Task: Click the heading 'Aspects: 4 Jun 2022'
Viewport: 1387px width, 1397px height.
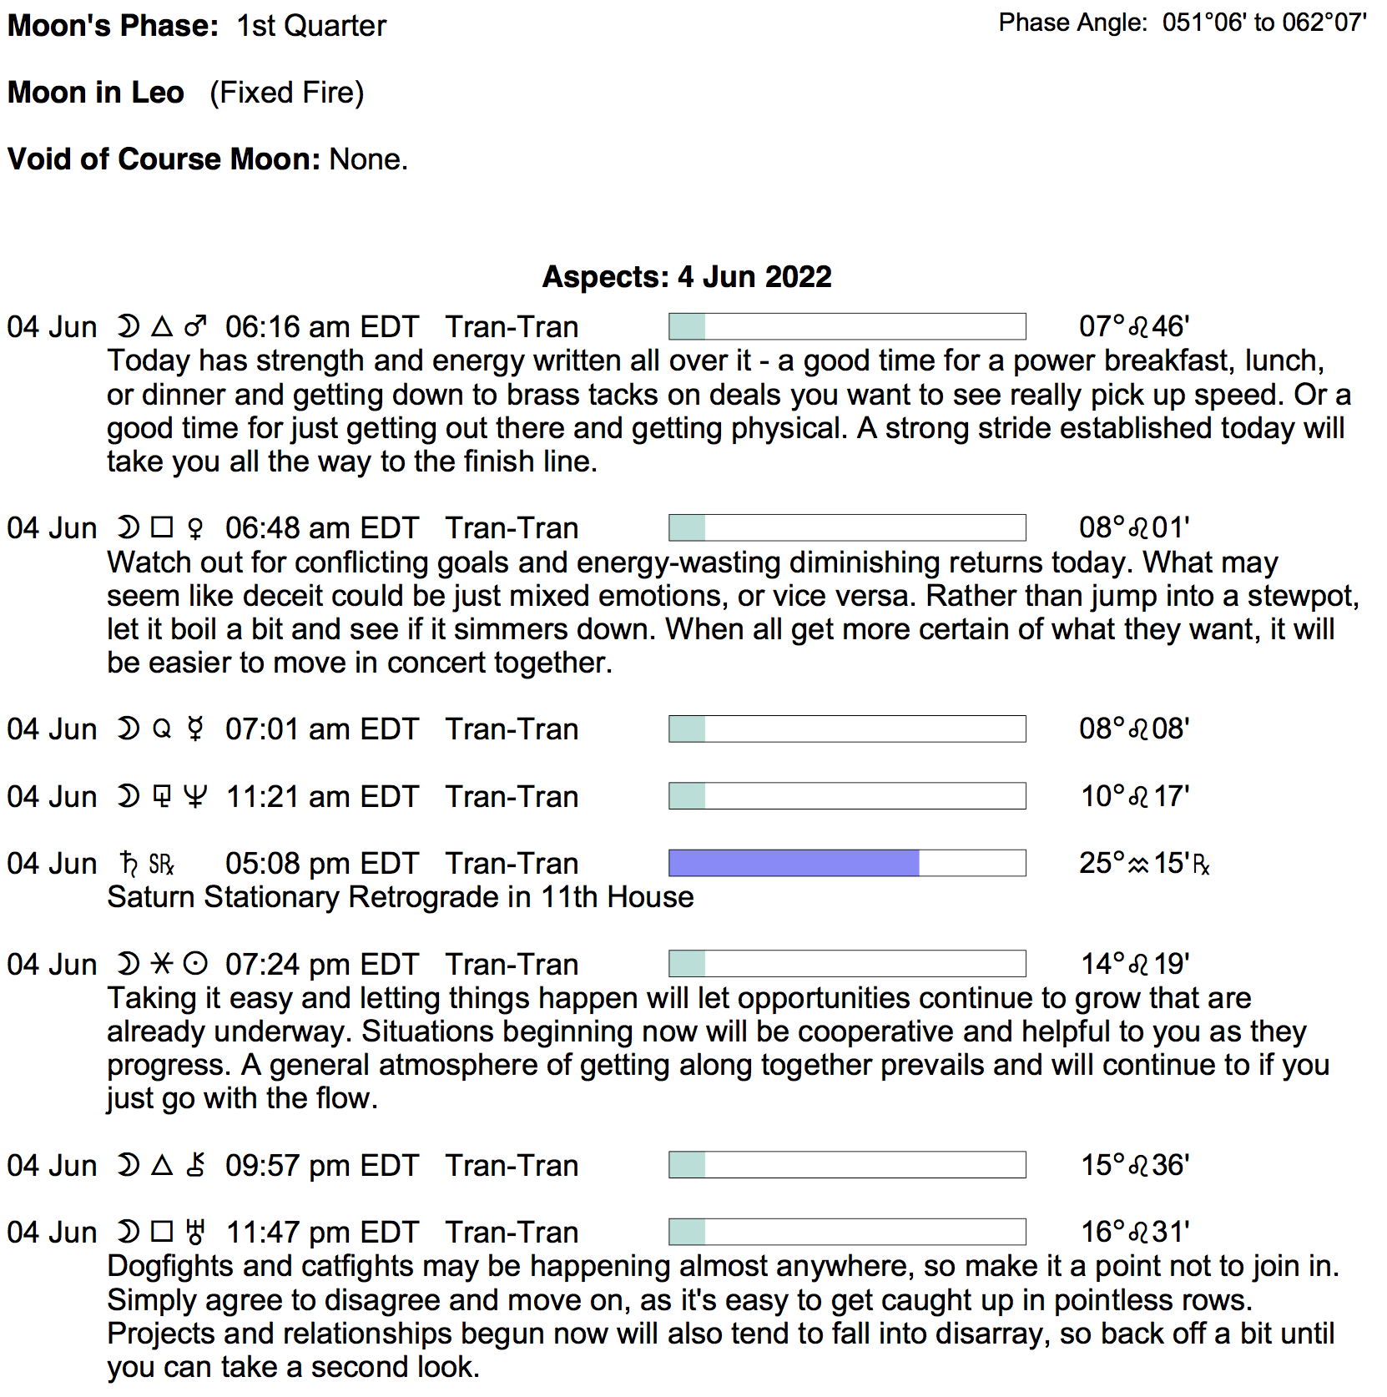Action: pos(687,277)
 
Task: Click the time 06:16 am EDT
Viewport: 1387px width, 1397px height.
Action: pos(321,327)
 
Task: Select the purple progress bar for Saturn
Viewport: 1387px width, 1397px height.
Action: pos(794,863)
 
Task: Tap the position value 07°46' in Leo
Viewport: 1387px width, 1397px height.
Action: pos(1133,326)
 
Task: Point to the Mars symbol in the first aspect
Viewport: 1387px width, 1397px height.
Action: pos(195,326)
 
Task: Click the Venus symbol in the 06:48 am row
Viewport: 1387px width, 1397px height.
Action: pos(195,528)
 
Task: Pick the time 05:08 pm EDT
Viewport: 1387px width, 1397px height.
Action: pos(321,864)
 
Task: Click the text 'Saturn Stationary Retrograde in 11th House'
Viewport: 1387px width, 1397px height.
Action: pos(401,897)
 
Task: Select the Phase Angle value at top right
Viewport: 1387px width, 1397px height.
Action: pos(1263,23)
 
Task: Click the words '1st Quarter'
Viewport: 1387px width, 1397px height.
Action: pos(311,26)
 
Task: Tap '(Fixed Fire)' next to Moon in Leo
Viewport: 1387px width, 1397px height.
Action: pos(286,93)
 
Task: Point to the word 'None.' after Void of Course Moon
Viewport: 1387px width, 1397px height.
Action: pos(368,159)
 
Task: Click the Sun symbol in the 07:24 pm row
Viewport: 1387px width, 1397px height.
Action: pos(195,965)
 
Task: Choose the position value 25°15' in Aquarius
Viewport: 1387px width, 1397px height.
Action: pos(1143,863)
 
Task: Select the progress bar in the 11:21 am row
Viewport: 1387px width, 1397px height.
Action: pos(847,796)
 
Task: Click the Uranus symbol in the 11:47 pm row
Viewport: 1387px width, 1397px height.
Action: pos(195,1232)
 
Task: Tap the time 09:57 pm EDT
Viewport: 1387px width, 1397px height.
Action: pos(321,1166)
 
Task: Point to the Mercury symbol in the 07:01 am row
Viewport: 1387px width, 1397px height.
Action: pos(195,729)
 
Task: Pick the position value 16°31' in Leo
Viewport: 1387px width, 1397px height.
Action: pos(1135,1232)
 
